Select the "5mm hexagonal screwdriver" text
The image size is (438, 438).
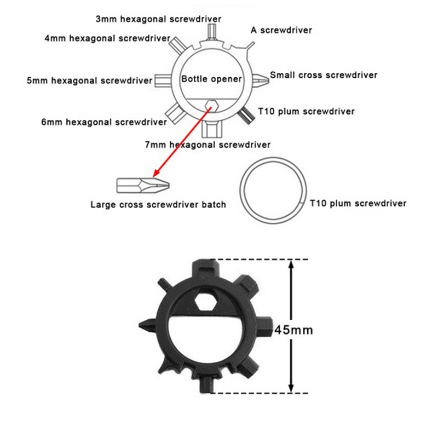[x=89, y=80]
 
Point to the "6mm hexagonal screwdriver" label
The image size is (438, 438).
[x=104, y=122]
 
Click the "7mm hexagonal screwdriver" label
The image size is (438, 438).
[x=208, y=145]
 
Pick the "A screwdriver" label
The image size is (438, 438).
[x=281, y=30]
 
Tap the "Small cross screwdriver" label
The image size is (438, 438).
[x=324, y=75]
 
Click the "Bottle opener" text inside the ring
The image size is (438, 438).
[x=211, y=79]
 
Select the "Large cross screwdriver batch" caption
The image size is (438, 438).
[x=158, y=205]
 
